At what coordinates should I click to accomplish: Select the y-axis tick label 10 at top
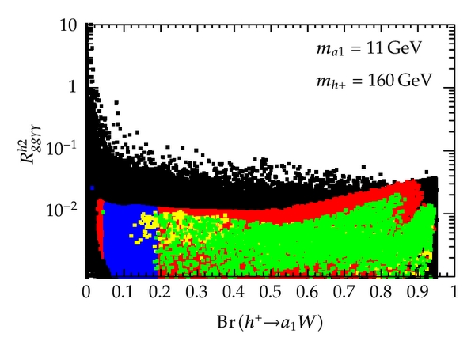[68, 26]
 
